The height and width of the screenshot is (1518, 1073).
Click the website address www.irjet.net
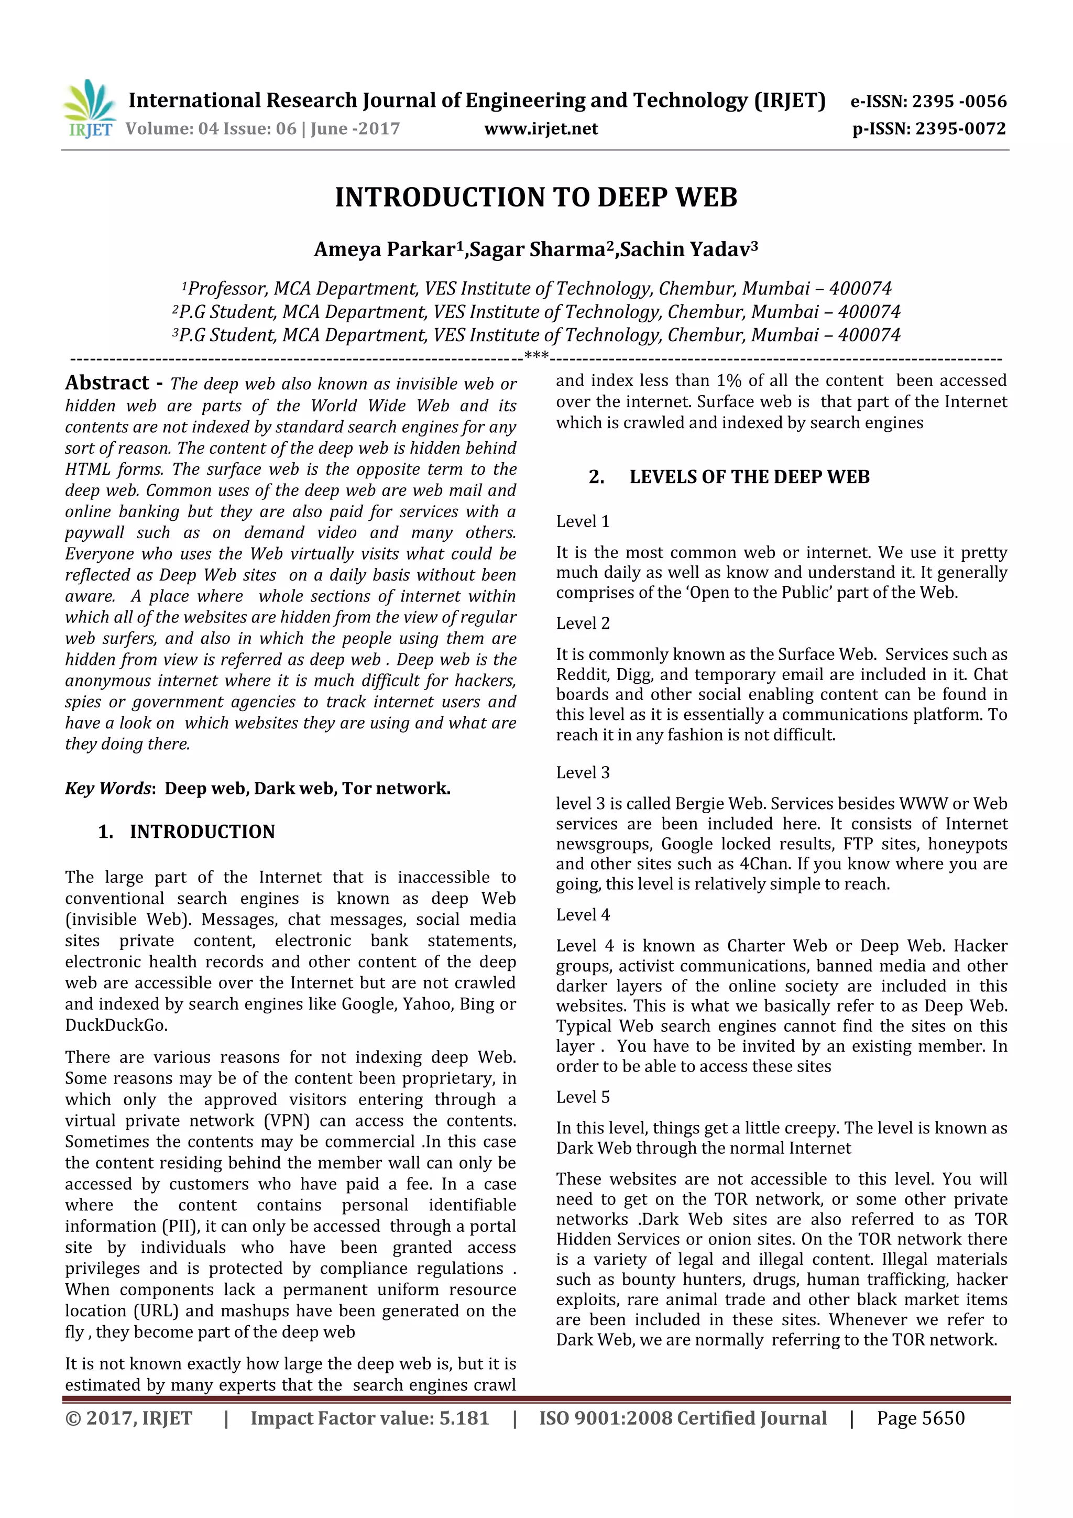click(540, 129)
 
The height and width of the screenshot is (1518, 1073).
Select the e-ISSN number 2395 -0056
click(959, 101)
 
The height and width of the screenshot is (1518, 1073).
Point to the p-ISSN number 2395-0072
click(960, 129)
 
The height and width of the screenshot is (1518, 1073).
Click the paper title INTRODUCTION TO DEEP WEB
click(535, 198)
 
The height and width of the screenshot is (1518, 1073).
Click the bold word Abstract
click(107, 383)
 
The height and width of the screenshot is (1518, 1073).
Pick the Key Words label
click(109, 788)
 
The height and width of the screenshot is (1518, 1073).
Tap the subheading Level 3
click(583, 772)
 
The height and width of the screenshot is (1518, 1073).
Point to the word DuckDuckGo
click(116, 1025)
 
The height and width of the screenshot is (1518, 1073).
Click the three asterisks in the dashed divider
click(536, 356)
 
